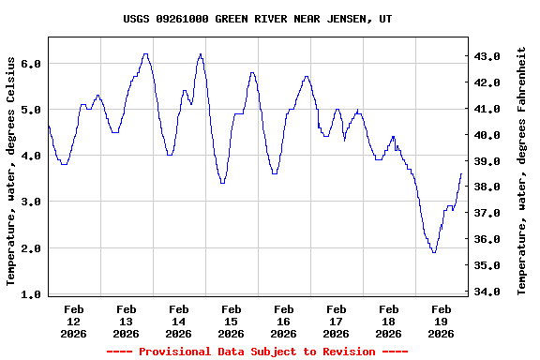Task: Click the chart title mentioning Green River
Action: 258,19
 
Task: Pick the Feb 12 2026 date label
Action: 73,321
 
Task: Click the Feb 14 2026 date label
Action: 178,321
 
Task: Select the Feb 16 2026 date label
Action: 283,321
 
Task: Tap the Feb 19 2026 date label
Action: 441,321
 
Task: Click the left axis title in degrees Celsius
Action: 11,171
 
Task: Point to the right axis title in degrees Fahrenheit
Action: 521,171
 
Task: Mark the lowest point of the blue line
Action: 433,252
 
